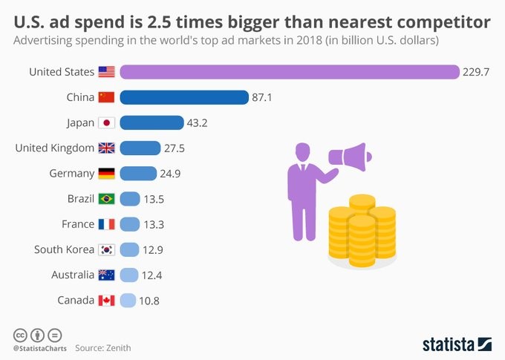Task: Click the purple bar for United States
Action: coord(290,72)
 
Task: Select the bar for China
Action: coord(183,97)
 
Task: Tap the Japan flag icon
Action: coord(106,123)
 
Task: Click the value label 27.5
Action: coord(175,148)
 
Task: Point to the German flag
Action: coord(106,174)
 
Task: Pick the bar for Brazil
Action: coord(130,199)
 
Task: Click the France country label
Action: coord(78,224)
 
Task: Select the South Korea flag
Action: coord(106,249)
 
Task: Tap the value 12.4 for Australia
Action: coord(152,275)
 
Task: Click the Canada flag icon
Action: coord(106,301)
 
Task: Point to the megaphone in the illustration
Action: coord(350,157)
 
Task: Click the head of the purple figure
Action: coord(302,150)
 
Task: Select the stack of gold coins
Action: coord(362,229)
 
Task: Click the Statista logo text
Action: coord(449,344)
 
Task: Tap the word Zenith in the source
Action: coord(119,347)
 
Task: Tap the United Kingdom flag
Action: coord(106,148)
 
